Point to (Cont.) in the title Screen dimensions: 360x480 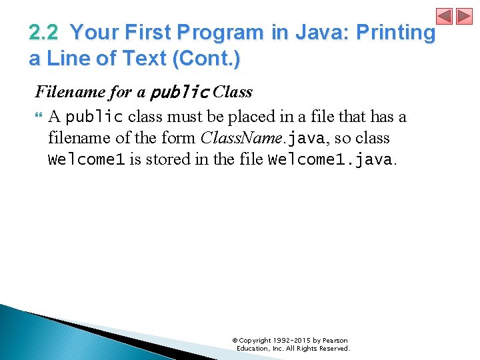[x=207, y=59]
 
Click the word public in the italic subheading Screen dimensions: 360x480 [x=180, y=92]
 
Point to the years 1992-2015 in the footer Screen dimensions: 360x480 [x=293, y=341]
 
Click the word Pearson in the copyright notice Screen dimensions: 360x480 [x=335, y=341]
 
